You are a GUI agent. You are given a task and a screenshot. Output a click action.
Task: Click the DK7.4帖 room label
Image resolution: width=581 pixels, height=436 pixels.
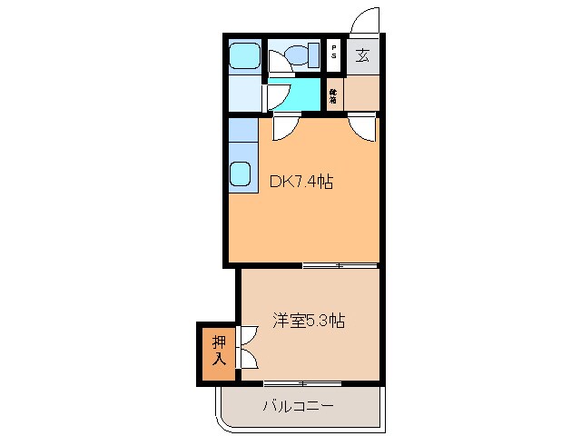pyautogui.click(x=301, y=182)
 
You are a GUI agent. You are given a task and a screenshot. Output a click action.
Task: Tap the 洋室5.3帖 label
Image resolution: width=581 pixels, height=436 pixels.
pyautogui.click(x=309, y=320)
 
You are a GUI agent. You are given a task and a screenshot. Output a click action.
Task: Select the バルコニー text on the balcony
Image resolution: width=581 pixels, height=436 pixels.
pyautogui.click(x=299, y=405)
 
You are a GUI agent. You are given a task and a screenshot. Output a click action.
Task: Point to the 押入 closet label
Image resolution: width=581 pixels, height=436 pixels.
pyautogui.click(x=219, y=351)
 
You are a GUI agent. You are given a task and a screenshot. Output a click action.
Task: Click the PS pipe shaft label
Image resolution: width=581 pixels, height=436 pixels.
pyautogui.click(x=334, y=54)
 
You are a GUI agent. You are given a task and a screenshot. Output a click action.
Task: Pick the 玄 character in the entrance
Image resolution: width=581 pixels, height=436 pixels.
pyautogui.click(x=362, y=55)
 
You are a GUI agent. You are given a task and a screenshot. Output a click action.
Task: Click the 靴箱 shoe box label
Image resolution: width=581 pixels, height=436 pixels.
pyautogui.click(x=334, y=94)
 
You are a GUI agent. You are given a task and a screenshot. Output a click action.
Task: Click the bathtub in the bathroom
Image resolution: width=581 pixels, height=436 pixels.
pyautogui.click(x=242, y=56)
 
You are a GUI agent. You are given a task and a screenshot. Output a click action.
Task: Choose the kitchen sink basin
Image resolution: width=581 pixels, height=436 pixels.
pyautogui.click(x=241, y=173)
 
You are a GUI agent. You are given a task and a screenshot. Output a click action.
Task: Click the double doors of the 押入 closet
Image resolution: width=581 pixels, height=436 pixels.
pyautogui.click(x=245, y=347)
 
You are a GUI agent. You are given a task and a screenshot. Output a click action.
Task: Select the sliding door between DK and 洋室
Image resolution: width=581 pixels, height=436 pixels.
pyautogui.click(x=340, y=265)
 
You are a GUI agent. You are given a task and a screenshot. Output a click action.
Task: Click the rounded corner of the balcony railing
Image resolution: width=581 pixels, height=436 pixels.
pyautogui.click(x=223, y=419)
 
